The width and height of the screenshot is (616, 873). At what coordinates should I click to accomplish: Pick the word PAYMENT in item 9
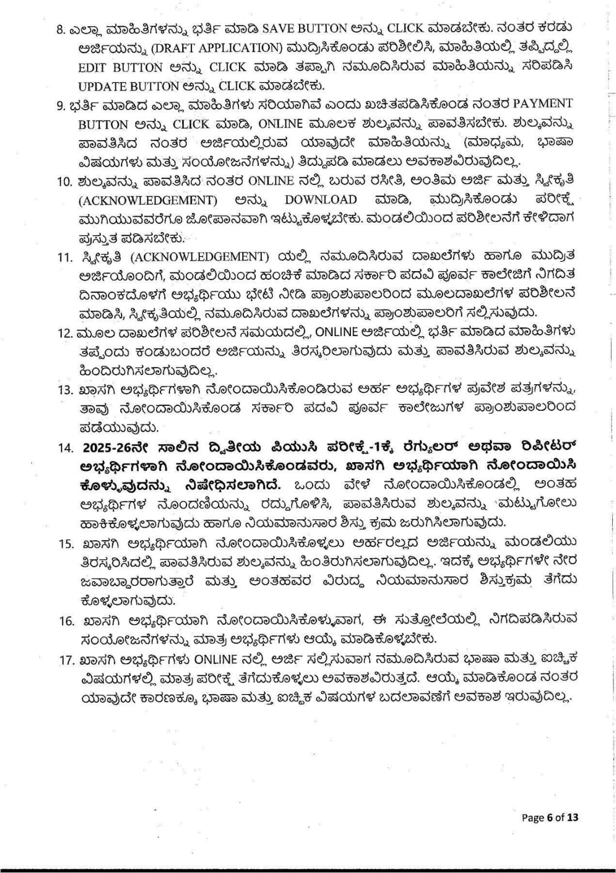coord(543,104)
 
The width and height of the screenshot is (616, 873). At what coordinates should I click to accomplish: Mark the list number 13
coord(65,390)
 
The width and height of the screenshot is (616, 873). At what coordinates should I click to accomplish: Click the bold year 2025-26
coord(109,447)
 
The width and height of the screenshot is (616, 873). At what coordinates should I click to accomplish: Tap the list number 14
coord(65,447)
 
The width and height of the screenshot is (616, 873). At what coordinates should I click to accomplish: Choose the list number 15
coord(65,544)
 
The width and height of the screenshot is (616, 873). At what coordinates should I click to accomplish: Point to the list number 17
coord(65,660)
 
